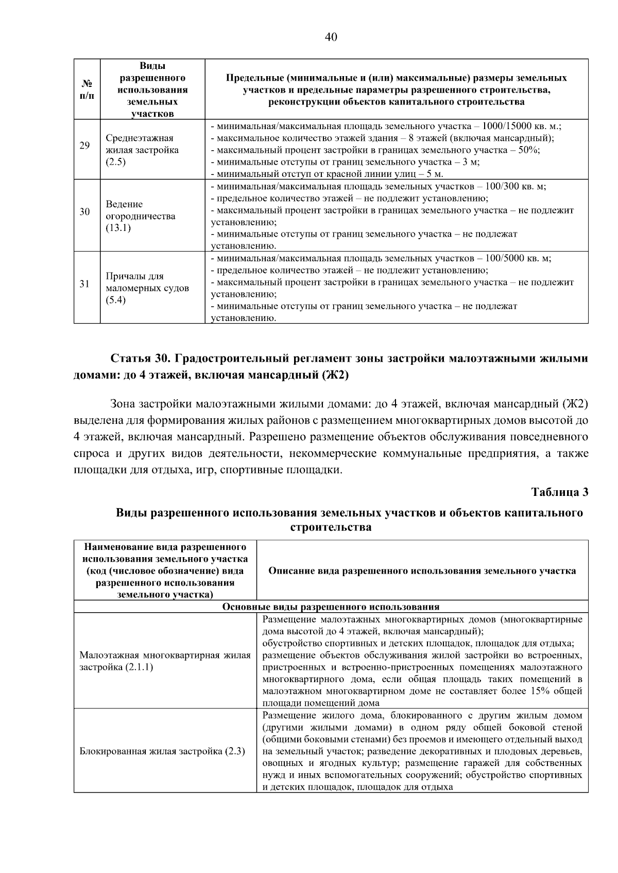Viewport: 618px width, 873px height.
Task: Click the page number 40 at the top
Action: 331,37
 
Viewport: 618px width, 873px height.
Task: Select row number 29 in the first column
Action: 84,146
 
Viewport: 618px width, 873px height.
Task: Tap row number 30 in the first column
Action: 84,212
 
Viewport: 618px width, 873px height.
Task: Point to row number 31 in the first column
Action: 84,284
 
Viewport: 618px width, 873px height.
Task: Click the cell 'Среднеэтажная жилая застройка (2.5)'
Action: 143,150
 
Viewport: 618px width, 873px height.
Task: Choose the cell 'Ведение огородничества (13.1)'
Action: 140,216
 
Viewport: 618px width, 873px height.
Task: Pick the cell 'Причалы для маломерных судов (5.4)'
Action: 147,288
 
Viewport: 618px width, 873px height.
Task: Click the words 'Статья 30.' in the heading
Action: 136,358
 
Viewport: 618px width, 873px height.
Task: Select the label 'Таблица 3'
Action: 559,492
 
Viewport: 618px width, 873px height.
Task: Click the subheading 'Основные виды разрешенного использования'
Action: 331,607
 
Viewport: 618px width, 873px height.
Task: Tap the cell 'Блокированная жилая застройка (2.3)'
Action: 162,751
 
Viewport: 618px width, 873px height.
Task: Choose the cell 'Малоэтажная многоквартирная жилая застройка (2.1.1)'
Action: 165,661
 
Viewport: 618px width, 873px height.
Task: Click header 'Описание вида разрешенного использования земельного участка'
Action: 422,571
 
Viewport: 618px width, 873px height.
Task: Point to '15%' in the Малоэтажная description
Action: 538,691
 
